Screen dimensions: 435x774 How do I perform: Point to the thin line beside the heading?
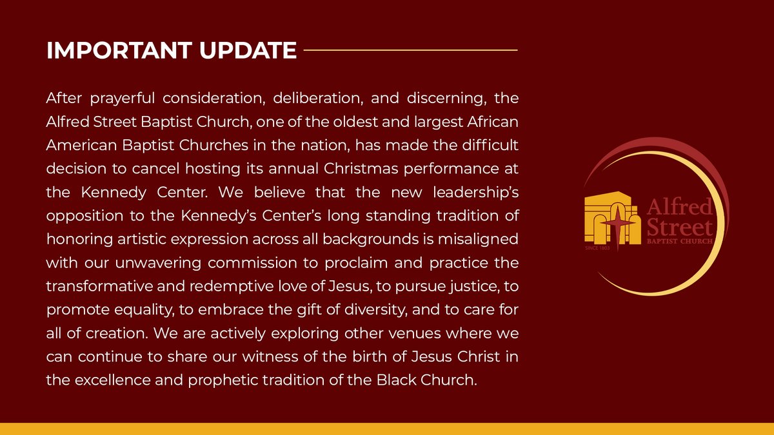click(410, 50)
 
